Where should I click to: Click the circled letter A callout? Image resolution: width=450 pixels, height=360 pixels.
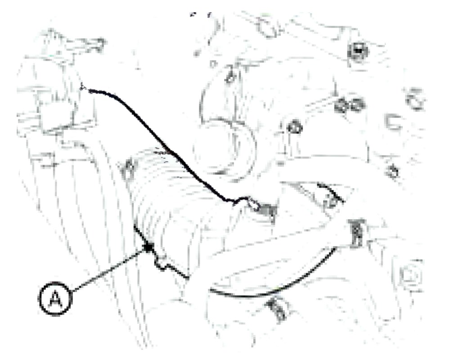[x=55, y=299]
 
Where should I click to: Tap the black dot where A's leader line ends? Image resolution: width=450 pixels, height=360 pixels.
[x=148, y=247]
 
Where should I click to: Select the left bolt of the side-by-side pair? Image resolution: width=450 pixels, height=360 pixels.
[x=342, y=105]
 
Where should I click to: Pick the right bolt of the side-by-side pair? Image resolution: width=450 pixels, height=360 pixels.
[x=357, y=104]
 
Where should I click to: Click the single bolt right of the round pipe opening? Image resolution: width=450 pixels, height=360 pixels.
[x=295, y=127]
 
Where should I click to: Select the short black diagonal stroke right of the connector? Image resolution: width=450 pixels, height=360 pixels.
[x=330, y=192]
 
